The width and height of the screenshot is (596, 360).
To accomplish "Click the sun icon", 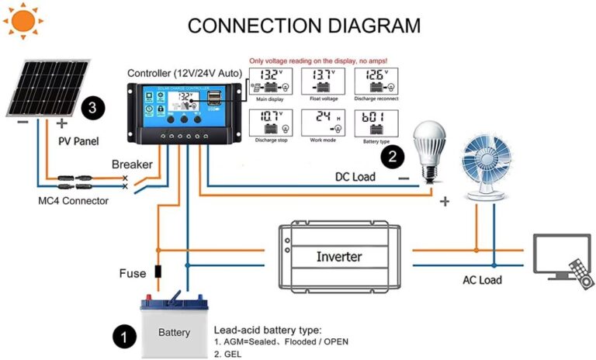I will [x=24, y=21].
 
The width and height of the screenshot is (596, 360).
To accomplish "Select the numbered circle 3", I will [x=92, y=108].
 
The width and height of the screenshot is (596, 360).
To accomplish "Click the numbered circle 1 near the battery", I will [x=123, y=336].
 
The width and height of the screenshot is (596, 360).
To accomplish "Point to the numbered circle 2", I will [x=393, y=156].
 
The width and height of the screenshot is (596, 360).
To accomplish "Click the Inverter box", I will [x=338, y=257].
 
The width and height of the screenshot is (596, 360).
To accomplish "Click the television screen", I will [x=559, y=255].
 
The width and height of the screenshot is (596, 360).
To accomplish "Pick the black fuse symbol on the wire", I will [x=158, y=272].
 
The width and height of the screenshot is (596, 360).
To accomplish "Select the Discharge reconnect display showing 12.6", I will [x=376, y=81].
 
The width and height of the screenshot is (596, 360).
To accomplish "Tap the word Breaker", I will [x=132, y=164].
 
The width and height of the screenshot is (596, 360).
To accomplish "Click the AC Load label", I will [x=480, y=280].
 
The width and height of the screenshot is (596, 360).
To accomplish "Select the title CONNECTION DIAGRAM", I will [x=304, y=25].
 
